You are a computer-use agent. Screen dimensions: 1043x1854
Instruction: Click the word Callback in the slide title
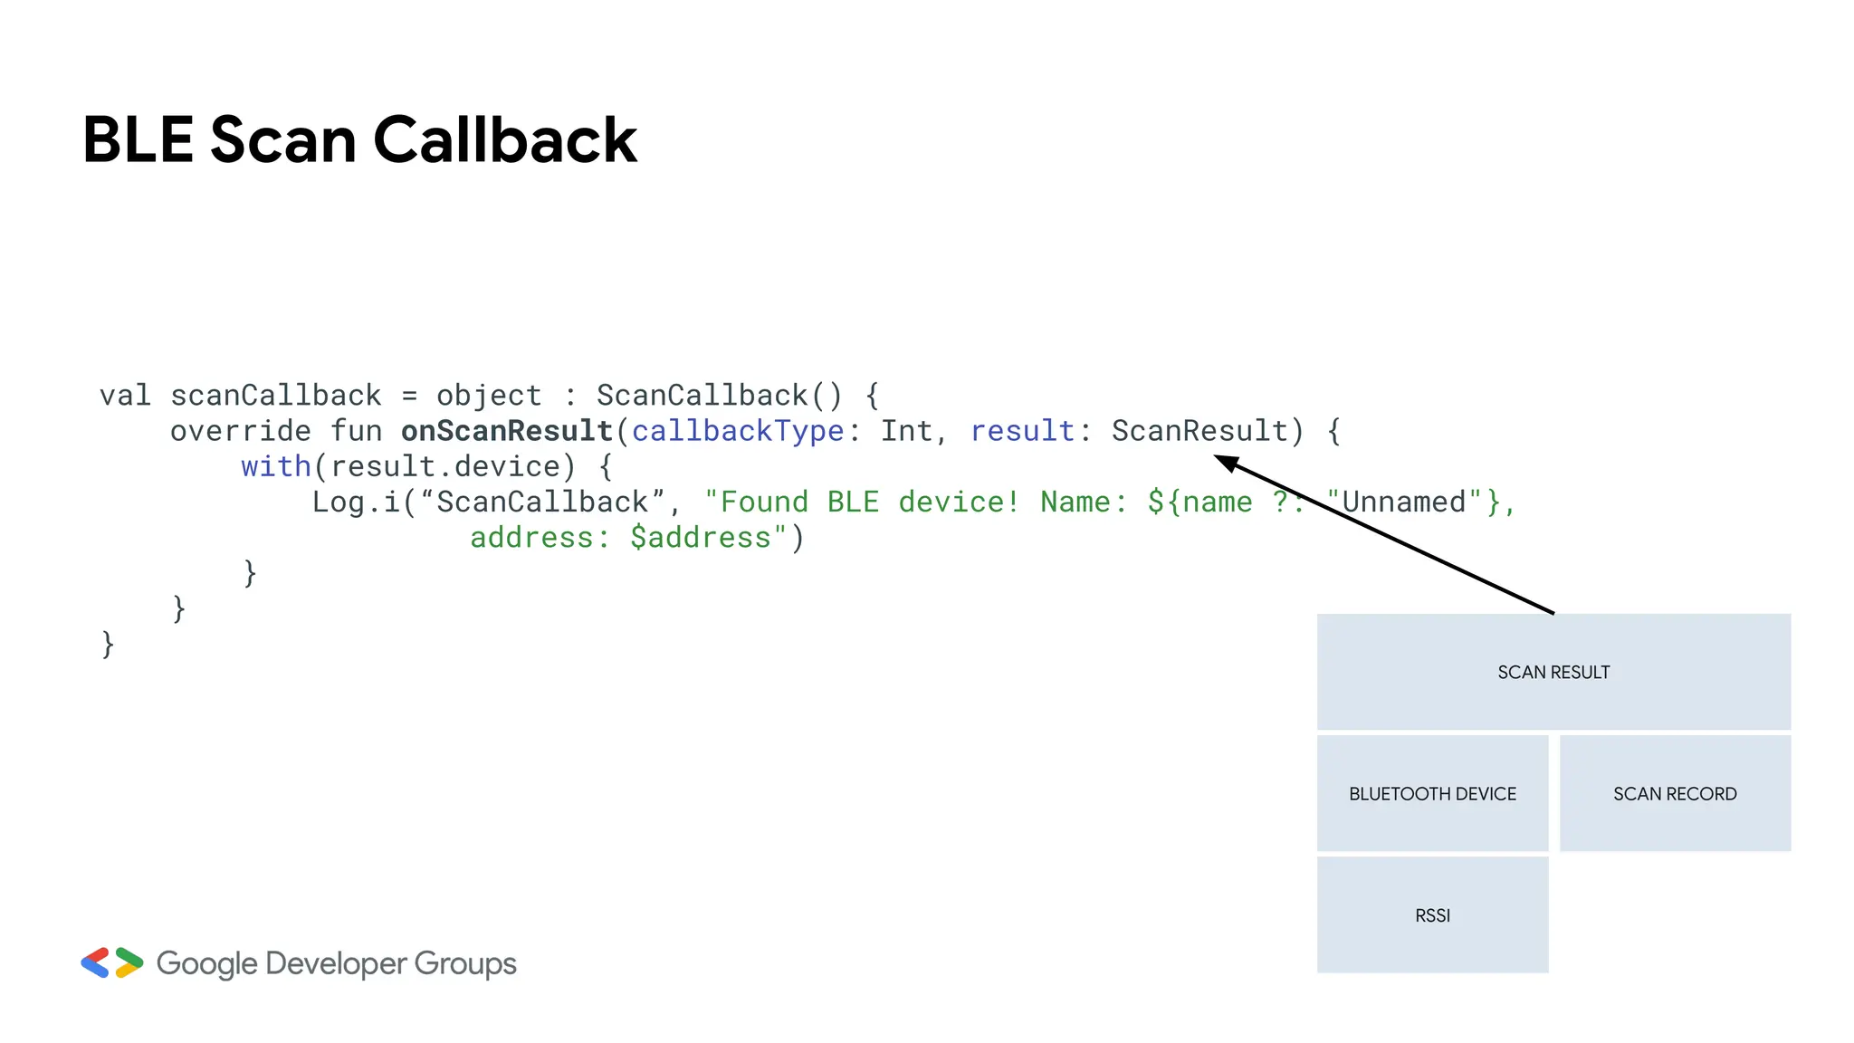click(504, 140)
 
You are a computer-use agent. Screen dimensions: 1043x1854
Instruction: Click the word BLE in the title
click(138, 140)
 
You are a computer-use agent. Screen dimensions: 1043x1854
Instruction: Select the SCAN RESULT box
click(1553, 672)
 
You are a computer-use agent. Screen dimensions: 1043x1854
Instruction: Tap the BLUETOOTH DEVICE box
click(1432, 793)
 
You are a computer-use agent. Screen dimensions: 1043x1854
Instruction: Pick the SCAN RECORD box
click(1675, 793)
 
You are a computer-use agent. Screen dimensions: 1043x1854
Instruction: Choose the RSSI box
click(1432, 914)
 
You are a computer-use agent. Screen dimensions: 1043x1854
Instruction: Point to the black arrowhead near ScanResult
click(1227, 463)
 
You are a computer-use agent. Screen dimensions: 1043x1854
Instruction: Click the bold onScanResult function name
click(507, 431)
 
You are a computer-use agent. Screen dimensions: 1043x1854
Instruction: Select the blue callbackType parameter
click(737, 431)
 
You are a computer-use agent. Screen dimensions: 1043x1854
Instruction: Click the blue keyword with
click(275, 466)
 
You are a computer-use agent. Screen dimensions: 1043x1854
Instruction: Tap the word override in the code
click(240, 431)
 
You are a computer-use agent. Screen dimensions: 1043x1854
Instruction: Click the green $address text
click(701, 538)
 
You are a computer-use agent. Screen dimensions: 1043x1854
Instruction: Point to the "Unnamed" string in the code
click(1403, 502)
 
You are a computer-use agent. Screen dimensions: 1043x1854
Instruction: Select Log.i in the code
click(357, 502)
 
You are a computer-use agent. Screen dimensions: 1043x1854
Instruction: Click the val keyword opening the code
click(125, 396)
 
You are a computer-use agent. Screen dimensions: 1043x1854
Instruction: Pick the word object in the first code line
click(489, 396)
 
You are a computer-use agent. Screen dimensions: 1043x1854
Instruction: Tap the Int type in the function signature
click(906, 431)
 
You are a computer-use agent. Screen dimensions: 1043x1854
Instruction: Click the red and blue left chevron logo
click(95, 962)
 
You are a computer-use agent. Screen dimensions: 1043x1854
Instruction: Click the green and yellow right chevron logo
click(129, 962)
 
